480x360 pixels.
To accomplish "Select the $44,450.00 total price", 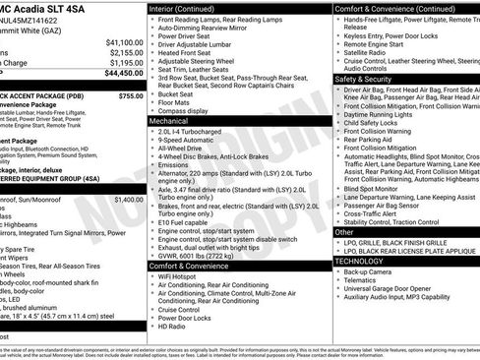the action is (124, 73).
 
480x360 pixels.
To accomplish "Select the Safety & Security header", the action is (369, 79).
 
